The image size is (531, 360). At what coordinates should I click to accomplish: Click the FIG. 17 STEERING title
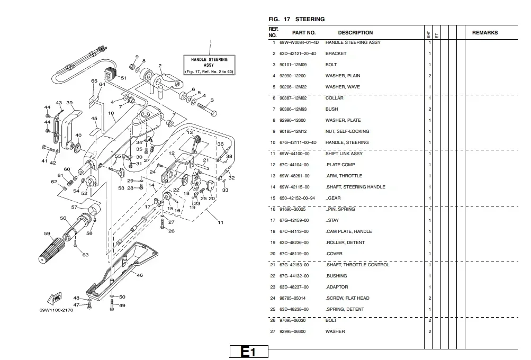(296, 19)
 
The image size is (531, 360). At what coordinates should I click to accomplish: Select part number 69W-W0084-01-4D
(299, 43)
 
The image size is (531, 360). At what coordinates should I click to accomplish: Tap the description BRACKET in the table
(336, 53)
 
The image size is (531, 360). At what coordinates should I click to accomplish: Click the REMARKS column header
(485, 33)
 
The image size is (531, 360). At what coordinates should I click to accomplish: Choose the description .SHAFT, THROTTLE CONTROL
(357, 265)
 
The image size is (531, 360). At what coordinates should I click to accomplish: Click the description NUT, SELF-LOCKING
(347, 131)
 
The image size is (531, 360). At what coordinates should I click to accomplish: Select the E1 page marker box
(249, 352)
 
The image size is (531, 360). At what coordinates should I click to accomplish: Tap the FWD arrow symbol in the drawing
(55, 298)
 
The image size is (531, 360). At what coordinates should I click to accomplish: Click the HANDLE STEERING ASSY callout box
(209, 65)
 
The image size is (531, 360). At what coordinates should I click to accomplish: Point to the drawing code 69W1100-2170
(56, 310)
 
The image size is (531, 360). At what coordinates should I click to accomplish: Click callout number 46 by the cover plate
(140, 275)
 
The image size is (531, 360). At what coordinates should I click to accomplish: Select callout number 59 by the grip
(47, 233)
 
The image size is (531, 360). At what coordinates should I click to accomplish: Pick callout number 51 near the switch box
(124, 78)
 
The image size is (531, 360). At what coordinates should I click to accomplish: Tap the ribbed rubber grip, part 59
(51, 250)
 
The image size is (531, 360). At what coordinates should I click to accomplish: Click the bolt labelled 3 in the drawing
(206, 109)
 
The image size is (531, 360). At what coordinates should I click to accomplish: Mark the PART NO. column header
(304, 33)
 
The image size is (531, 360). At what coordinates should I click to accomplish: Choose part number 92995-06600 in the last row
(293, 331)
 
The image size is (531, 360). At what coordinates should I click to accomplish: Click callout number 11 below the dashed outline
(220, 222)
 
